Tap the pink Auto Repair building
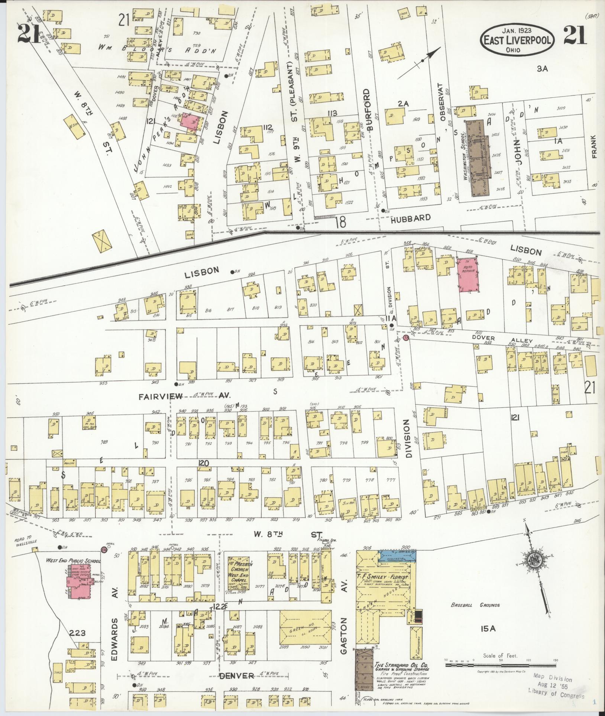coord(467,275)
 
